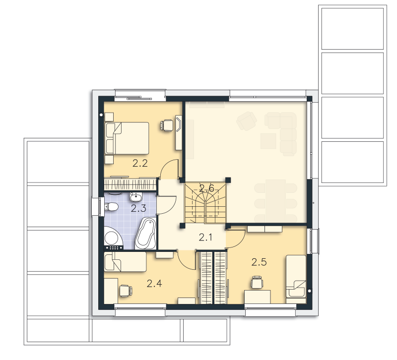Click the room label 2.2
pyautogui.click(x=140, y=164)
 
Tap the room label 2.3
pyautogui.click(x=138, y=208)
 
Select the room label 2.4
pyautogui.click(x=154, y=284)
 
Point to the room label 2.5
pyautogui.click(x=259, y=262)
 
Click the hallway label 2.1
pyautogui.click(x=205, y=238)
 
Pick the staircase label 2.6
pyautogui.click(x=206, y=188)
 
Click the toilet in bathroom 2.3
pyautogui.click(x=111, y=207)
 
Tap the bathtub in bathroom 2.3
pyautogui.click(x=145, y=234)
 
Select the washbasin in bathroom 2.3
pyautogui.click(x=136, y=196)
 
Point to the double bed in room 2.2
pyautogui.click(x=127, y=138)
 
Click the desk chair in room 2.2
pyautogui.click(x=167, y=125)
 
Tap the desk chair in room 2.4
pyautogui.click(x=126, y=291)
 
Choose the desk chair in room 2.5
pyautogui.click(x=257, y=282)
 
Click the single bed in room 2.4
pyautogui.click(x=126, y=262)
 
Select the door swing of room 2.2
pyautogui.click(x=170, y=169)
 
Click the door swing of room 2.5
pyautogui.click(x=235, y=239)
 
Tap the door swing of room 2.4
pyautogui.click(x=187, y=259)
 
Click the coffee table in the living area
pyautogui.click(x=268, y=141)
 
